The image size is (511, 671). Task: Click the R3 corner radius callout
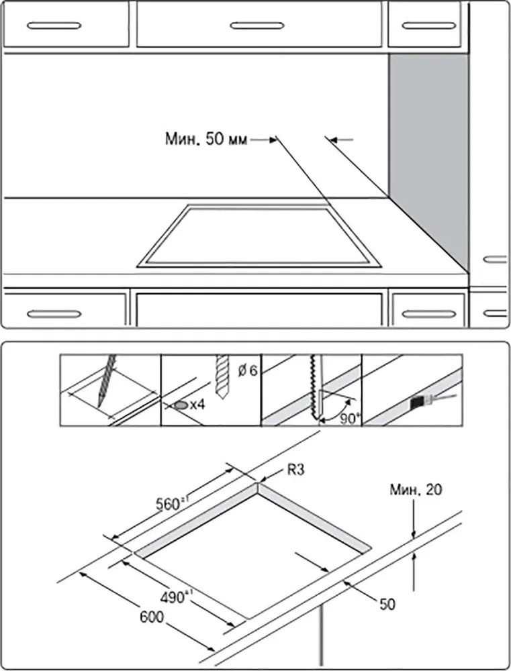pyautogui.click(x=296, y=470)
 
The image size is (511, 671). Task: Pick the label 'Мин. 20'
pyautogui.click(x=416, y=491)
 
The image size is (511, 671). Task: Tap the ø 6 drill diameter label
pyautogui.click(x=248, y=370)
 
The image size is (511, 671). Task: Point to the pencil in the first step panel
pyautogui.click(x=105, y=380)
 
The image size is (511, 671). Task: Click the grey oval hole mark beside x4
pyautogui.click(x=181, y=405)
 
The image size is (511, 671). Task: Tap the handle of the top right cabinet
pyautogui.click(x=428, y=25)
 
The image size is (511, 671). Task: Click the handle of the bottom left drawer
pyautogui.click(x=54, y=313)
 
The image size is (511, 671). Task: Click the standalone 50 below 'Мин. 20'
pyautogui.click(x=387, y=604)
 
